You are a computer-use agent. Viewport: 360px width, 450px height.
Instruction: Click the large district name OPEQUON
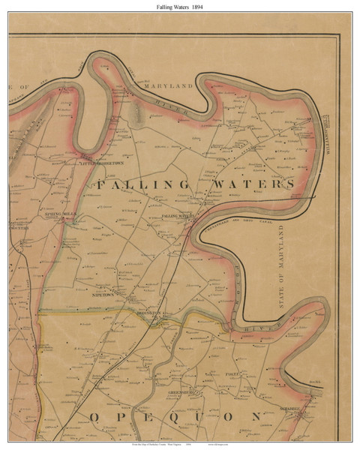[176, 418]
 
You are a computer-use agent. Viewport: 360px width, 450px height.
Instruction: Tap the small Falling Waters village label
[178, 216]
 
